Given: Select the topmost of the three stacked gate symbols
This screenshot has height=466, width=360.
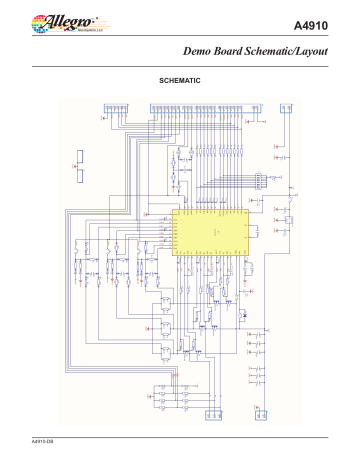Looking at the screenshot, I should (x=161, y=307).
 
